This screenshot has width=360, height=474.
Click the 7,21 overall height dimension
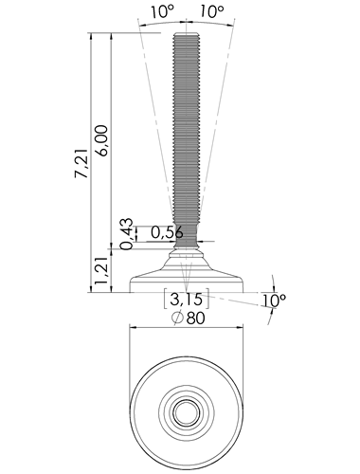(81, 163)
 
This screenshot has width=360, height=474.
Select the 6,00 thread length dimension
(102, 140)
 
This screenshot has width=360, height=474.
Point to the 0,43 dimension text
(127, 234)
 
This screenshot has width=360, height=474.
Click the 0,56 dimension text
(167, 233)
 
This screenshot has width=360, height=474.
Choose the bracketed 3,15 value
(186, 299)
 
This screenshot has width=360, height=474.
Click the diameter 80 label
(189, 318)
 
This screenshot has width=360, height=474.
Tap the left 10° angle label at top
(162, 11)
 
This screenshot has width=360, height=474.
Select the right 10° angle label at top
(212, 11)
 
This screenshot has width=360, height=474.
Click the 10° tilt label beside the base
(274, 301)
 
